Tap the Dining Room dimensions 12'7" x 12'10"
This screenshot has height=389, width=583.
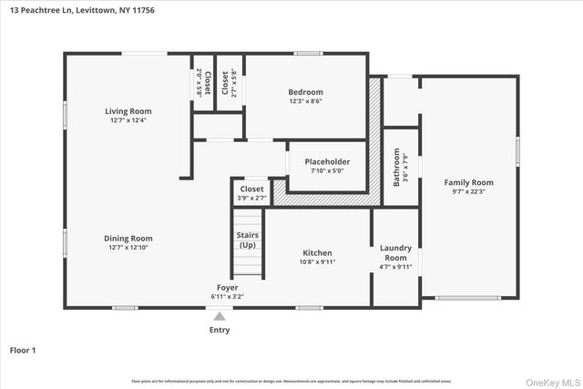(128, 247)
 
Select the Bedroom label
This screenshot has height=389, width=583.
(305, 92)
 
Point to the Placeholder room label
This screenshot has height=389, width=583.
(327, 161)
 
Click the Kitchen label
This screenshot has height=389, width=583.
(317, 252)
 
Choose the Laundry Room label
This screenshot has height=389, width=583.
(395, 251)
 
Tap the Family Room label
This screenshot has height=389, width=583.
(468, 182)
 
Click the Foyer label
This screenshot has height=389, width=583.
(227, 287)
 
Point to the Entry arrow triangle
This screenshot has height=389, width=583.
(219, 316)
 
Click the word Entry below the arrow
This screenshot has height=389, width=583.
(220, 330)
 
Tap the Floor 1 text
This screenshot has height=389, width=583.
(23, 350)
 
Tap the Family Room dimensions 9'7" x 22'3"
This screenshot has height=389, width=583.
(468, 191)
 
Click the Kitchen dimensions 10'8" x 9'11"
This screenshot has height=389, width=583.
(317, 261)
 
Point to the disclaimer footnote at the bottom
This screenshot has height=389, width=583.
(291, 381)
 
